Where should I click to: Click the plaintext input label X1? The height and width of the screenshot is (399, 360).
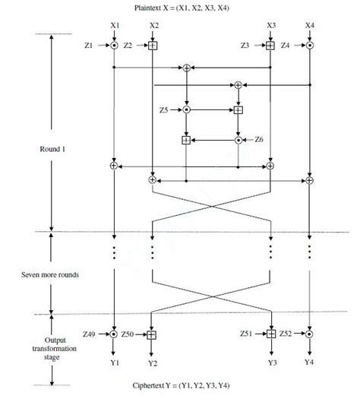[113, 26]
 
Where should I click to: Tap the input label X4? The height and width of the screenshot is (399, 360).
[310, 26]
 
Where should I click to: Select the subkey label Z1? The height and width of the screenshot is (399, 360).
[91, 46]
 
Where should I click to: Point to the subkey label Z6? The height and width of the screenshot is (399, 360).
[259, 140]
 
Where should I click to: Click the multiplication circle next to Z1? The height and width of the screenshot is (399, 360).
[113, 46]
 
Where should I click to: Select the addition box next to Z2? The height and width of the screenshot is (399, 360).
[153, 46]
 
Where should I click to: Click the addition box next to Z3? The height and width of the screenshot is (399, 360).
[271, 46]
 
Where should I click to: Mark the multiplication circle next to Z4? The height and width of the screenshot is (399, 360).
[310, 46]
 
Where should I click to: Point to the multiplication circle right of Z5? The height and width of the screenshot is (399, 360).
[187, 110]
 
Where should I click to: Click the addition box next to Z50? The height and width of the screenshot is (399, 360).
[153, 334]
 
